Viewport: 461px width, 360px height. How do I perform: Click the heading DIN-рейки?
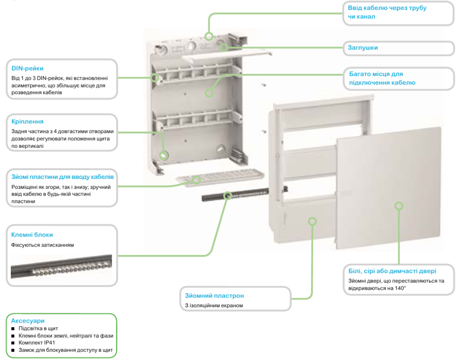pyautogui.click(x=27, y=68)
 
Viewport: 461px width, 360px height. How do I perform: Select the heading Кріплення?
pyautogui.click(x=27, y=122)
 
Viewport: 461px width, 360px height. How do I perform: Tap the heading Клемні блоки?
pyautogui.click(x=32, y=235)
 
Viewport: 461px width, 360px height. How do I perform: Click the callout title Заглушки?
pyautogui.click(x=362, y=47)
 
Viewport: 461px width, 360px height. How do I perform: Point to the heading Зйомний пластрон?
pyautogui.click(x=214, y=296)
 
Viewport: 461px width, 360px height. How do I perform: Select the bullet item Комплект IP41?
pyautogui.click(x=36, y=343)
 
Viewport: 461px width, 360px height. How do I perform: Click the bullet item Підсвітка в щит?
pyautogui.click(x=38, y=328)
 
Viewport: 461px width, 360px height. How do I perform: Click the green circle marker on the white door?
pyautogui.click(x=398, y=206)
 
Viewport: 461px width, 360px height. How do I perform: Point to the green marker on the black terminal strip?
pyautogui.click(x=228, y=196)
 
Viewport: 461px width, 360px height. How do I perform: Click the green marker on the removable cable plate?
pyautogui.click(x=197, y=180)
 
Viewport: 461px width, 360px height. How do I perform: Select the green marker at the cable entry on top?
pyautogui.click(x=208, y=36)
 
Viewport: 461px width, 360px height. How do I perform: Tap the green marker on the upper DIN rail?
pyautogui.click(x=155, y=77)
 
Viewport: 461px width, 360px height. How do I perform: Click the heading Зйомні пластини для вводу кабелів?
pyautogui.click(x=62, y=177)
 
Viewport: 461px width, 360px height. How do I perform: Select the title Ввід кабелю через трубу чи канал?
pyautogui.click(x=387, y=12)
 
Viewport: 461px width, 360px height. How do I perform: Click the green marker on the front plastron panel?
pyautogui.click(x=312, y=221)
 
